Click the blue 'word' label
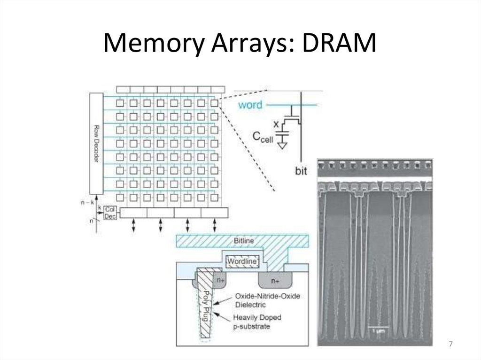(x=250, y=105)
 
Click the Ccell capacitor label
(x=262, y=137)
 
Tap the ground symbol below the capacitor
(x=282, y=146)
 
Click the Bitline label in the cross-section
(x=244, y=241)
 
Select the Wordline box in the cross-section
(x=242, y=261)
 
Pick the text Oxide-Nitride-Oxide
(x=266, y=296)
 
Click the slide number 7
(x=450, y=345)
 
